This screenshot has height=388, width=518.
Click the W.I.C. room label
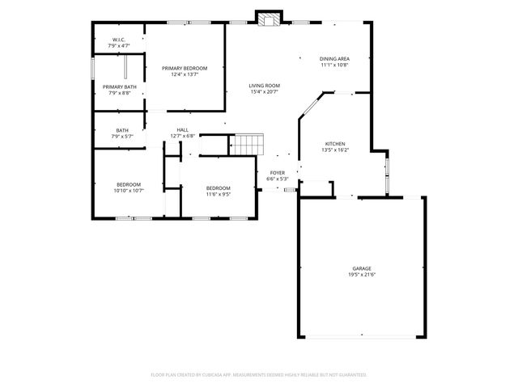pos(118,40)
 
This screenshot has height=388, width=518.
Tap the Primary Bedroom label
pos(184,68)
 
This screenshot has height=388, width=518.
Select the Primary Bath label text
pos(119,86)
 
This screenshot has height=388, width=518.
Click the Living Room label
pos(264,85)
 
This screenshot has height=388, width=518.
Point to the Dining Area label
pos(334,58)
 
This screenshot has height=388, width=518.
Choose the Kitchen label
pos(335,143)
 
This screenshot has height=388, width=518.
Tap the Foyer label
pos(278,172)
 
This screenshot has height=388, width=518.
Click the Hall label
pos(183,129)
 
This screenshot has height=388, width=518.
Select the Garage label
pos(362,268)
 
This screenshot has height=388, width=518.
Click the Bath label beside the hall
pos(122,130)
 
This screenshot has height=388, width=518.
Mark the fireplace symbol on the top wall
pos(269,19)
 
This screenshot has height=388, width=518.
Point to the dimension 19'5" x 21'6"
pos(362,275)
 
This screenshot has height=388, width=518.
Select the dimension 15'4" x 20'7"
pos(264,91)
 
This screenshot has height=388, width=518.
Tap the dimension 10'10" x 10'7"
pos(129,191)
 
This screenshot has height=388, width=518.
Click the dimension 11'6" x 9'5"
pos(219,194)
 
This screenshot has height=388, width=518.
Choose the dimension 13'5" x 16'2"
pos(335,150)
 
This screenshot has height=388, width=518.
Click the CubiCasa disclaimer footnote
pos(259,374)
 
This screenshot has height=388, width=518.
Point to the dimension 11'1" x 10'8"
pos(334,65)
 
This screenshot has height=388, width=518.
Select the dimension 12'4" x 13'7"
pos(184,74)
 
